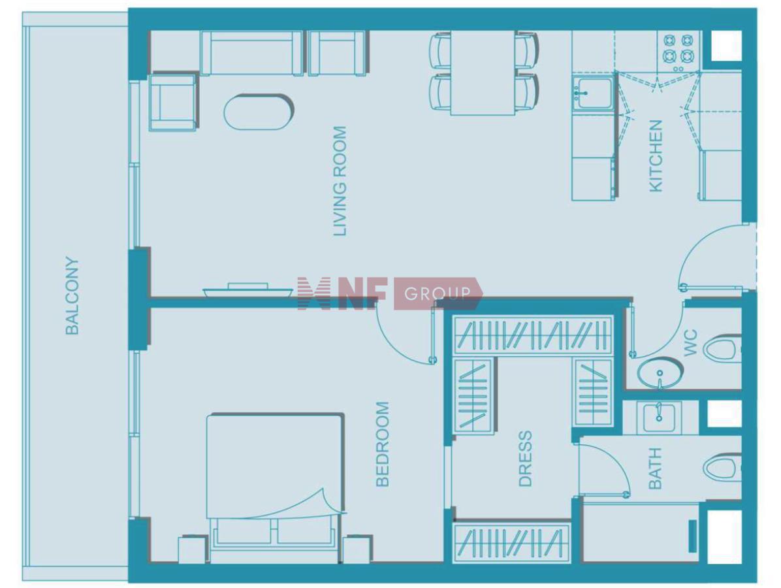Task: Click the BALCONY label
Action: click(x=72, y=295)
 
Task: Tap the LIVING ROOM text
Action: click(x=339, y=181)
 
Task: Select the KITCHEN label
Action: click(x=656, y=155)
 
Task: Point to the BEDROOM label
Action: click(x=382, y=444)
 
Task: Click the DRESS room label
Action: click(x=526, y=459)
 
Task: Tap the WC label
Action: click(x=691, y=343)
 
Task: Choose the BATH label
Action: click(x=655, y=468)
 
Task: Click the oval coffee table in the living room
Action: click(x=259, y=112)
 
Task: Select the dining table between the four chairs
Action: click(x=483, y=73)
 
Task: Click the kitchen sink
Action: click(x=592, y=92)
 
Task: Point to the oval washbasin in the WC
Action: click(x=660, y=373)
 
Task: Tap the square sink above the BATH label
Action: click(x=658, y=417)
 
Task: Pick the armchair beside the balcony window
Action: click(x=172, y=102)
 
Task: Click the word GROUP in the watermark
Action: click(x=438, y=293)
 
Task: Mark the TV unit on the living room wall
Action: click(x=248, y=291)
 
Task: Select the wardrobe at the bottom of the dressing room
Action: click(x=512, y=542)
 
